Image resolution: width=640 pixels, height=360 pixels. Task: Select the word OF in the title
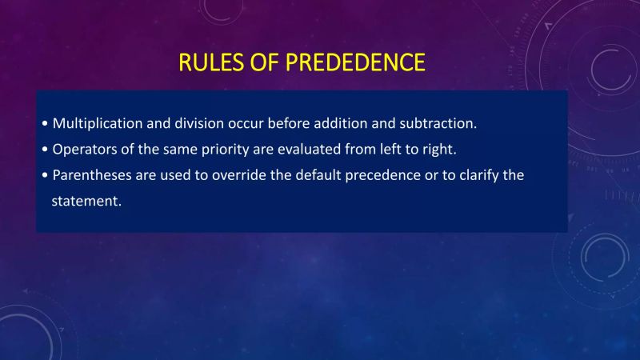(x=258, y=62)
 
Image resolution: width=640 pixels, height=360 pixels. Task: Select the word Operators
(x=82, y=150)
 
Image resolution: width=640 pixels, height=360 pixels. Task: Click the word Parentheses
(x=89, y=175)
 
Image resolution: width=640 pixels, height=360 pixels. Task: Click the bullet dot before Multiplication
(x=45, y=125)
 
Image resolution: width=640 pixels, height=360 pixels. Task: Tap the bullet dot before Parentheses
(x=45, y=176)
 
